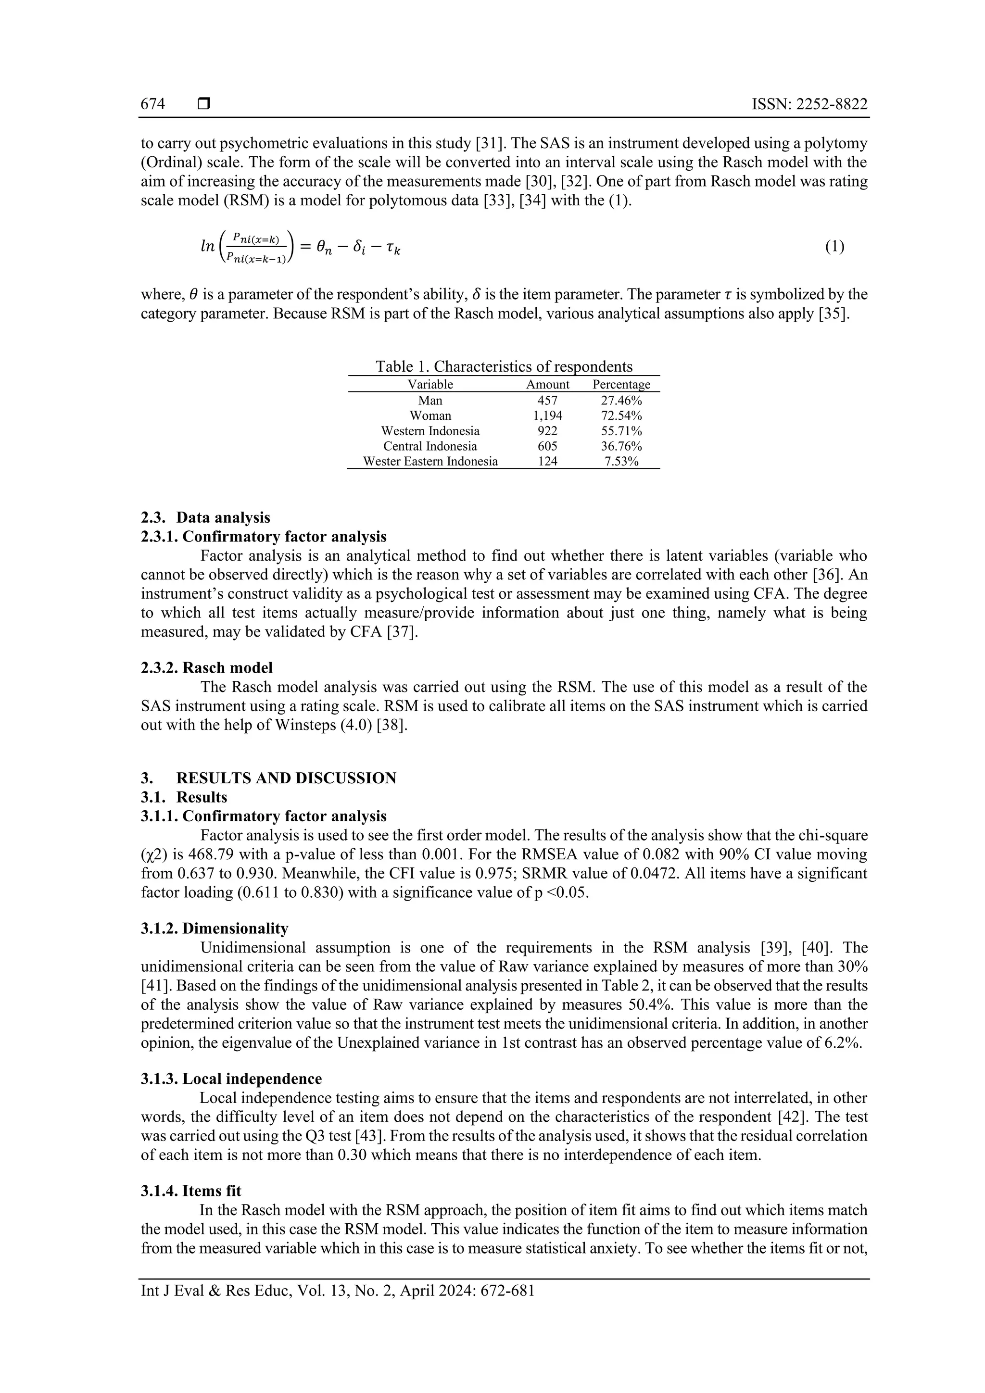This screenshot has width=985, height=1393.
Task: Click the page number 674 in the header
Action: point(153,104)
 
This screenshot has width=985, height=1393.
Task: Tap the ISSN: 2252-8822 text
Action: point(809,104)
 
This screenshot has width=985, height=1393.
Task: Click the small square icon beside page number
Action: point(204,104)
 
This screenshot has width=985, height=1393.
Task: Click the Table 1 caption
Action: point(504,366)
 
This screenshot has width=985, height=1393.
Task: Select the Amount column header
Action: point(547,384)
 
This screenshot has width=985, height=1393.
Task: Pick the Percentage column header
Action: point(621,384)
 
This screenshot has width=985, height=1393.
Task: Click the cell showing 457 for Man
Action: point(547,401)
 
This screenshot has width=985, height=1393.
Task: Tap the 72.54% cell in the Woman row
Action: point(621,415)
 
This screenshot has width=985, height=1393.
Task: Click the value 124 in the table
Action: point(547,461)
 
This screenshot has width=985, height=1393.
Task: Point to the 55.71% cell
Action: point(621,431)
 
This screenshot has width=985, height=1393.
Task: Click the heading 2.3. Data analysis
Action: point(206,517)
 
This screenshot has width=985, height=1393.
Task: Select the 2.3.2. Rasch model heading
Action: point(207,668)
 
